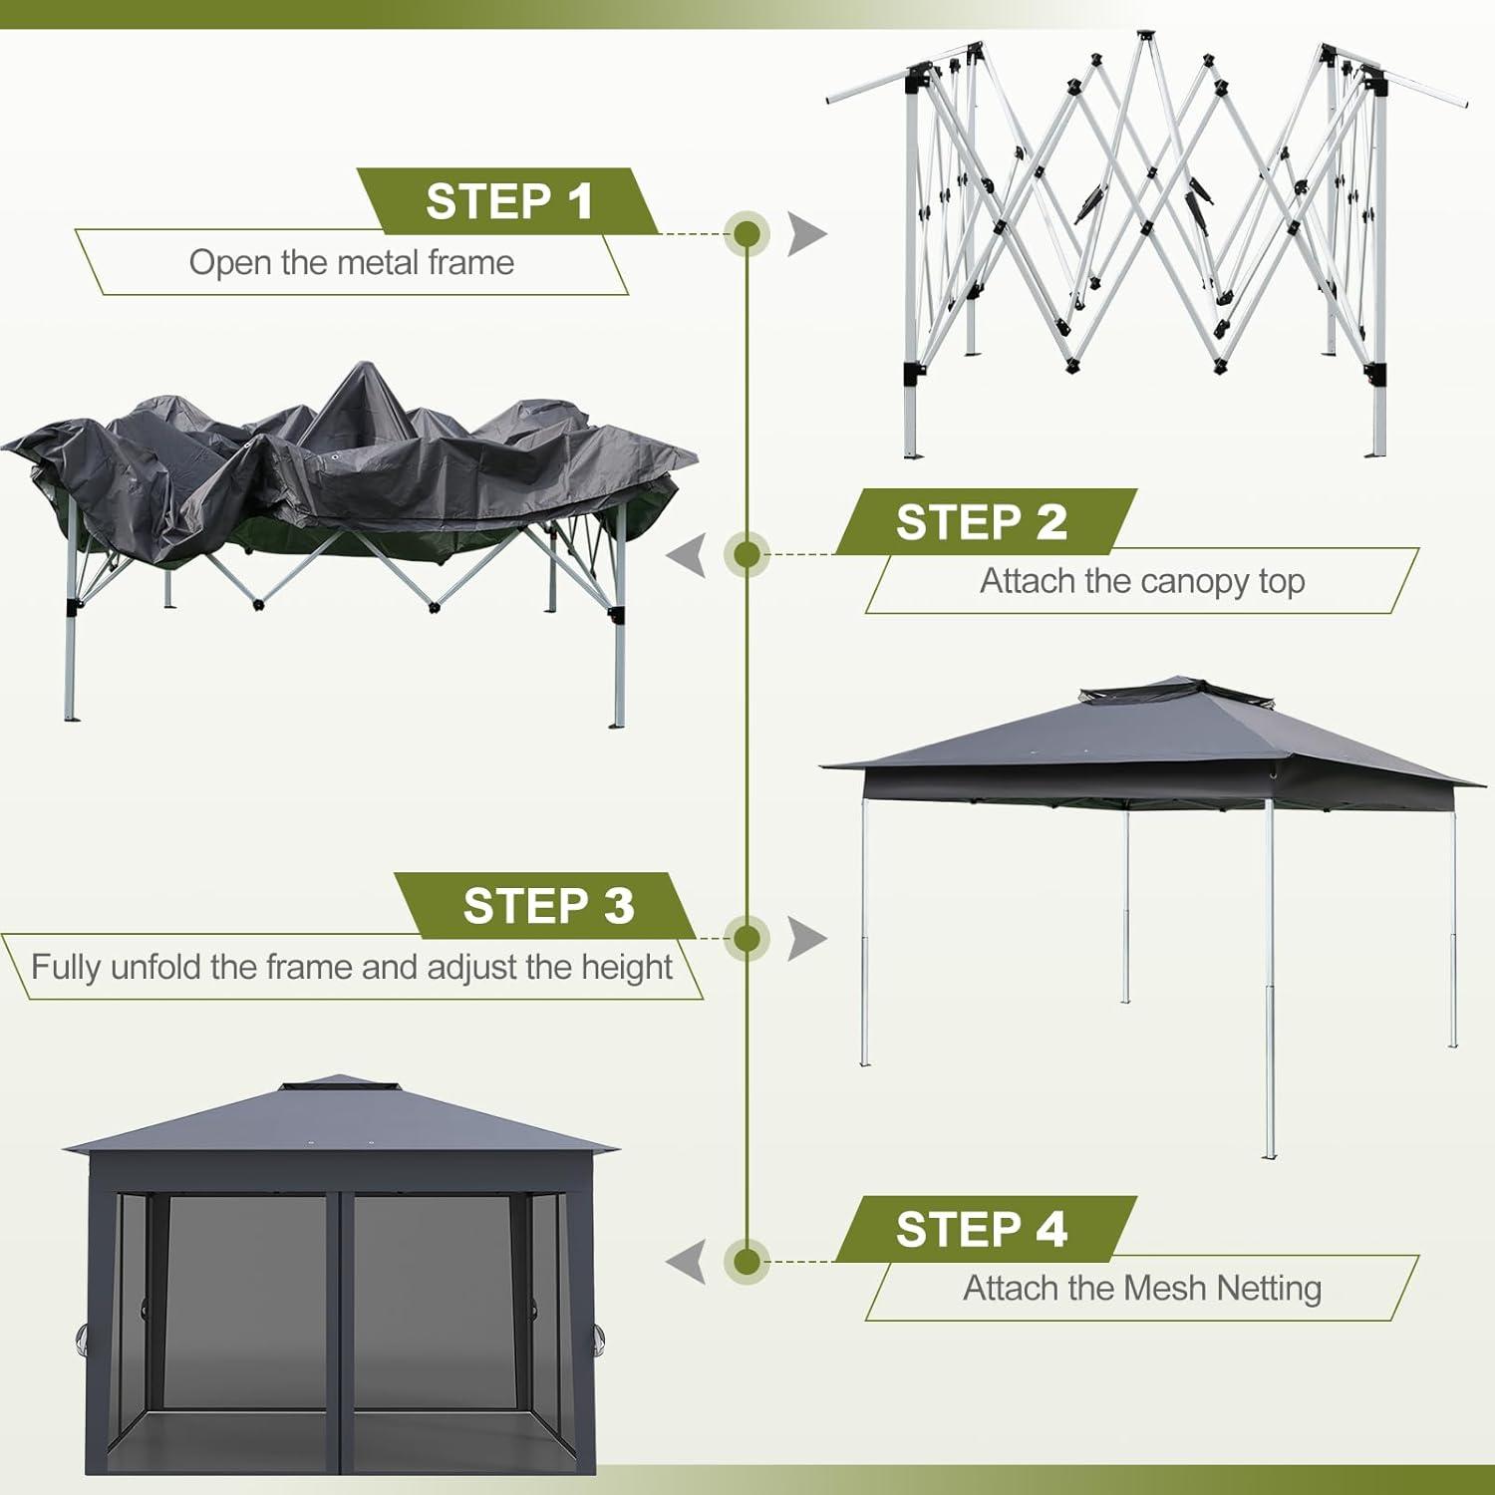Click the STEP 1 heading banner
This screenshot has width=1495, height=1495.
(x=508, y=201)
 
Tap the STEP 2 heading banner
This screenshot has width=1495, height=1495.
(x=982, y=522)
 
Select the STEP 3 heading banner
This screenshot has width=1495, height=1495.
(x=547, y=906)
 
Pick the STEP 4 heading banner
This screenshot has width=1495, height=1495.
(x=982, y=1229)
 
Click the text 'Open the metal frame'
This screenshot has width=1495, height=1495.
(x=352, y=262)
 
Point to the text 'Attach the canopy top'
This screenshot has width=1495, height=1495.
(x=1142, y=581)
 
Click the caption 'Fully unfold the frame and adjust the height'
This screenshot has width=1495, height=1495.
(x=352, y=967)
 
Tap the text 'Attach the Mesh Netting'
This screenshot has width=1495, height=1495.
(x=1142, y=1288)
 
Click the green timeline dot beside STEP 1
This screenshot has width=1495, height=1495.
(x=747, y=234)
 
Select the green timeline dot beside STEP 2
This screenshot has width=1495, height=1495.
(x=747, y=554)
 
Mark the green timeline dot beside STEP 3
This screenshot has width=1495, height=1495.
(x=747, y=938)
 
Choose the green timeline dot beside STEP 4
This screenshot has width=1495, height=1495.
(x=747, y=1261)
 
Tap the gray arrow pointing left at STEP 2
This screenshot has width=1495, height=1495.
(x=688, y=554)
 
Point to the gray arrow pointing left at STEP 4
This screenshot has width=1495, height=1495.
(x=688, y=1261)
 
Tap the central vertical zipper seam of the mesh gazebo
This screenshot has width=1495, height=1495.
(x=340, y=1326)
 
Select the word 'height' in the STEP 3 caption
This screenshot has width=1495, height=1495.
(x=628, y=967)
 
